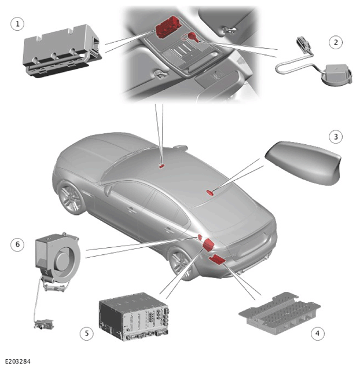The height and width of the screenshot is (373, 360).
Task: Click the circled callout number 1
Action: click(x=17, y=24)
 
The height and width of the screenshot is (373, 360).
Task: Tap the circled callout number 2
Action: click(x=336, y=42)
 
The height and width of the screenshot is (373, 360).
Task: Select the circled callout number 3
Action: click(x=336, y=137)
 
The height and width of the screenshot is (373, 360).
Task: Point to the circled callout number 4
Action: click(x=318, y=333)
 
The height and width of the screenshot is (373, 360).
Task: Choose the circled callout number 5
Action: click(x=87, y=333)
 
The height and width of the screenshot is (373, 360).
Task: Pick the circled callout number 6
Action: click(x=17, y=244)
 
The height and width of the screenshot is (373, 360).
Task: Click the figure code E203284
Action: click(x=18, y=361)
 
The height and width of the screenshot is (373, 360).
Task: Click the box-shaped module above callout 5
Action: click(x=134, y=316)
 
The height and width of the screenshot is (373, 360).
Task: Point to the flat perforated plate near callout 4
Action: click(x=280, y=313)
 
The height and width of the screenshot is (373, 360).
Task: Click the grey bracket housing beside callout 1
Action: click(x=63, y=50)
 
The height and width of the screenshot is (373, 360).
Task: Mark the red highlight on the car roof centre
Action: click(x=161, y=166)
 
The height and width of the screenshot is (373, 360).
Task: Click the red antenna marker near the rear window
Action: click(x=210, y=192)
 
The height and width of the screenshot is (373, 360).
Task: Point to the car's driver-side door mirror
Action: click(x=108, y=189)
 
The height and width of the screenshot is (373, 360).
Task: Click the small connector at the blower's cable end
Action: click(x=44, y=324)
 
